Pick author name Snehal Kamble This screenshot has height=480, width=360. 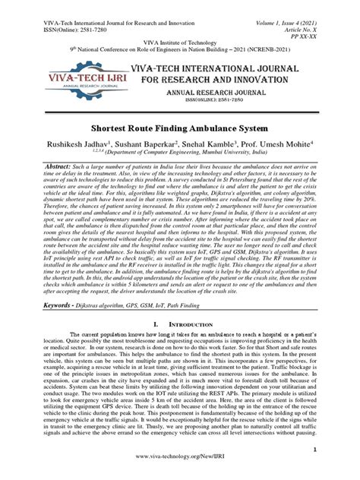click(x=216, y=148)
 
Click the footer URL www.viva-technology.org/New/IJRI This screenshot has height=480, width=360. click(x=180, y=470)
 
